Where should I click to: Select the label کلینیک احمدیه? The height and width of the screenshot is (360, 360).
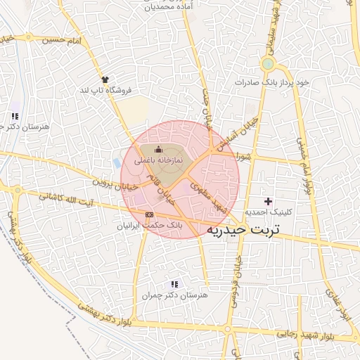266,212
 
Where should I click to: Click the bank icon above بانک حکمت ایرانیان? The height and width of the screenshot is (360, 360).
148,214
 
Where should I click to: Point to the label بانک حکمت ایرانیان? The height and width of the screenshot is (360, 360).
149,226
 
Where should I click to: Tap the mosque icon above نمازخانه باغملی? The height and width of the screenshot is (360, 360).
157,149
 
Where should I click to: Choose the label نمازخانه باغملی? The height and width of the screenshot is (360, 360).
157,160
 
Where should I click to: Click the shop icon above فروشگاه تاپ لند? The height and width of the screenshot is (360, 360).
105,79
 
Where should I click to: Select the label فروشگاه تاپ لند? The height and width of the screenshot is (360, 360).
105,91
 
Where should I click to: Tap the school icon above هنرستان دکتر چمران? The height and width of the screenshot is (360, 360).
174,284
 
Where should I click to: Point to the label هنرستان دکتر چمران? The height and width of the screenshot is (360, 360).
175,296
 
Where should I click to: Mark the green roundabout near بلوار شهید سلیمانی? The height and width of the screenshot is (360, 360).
267,65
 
